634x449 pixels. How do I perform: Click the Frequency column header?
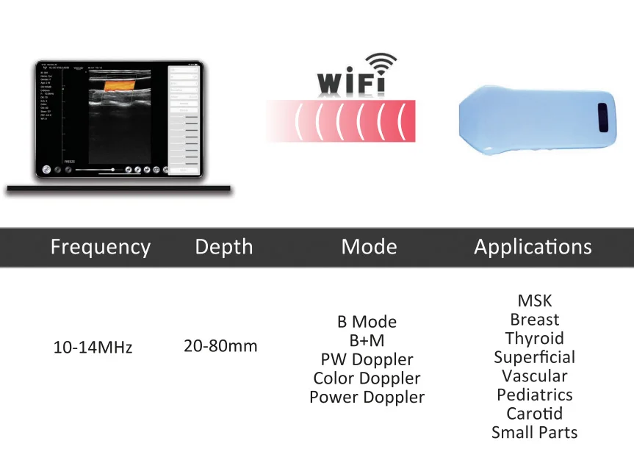click(100, 247)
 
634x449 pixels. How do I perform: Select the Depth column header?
click(224, 247)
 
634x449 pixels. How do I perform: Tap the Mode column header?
click(369, 247)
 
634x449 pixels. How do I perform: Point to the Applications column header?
click(533, 247)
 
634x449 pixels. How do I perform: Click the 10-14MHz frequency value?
click(93, 348)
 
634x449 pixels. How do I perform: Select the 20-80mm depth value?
click(220, 345)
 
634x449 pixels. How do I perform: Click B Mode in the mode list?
click(367, 322)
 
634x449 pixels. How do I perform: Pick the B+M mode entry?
click(367, 341)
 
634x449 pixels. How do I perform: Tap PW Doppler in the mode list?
click(367, 360)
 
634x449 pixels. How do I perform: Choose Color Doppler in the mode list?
click(367, 378)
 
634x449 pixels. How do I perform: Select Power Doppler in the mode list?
click(367, 398)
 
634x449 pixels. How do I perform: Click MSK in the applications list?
click(535, 301)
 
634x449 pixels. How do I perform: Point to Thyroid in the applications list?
click(535, 339)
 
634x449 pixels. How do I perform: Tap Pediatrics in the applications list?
click(535, 395)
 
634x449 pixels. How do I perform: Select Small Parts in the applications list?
click(535, 433)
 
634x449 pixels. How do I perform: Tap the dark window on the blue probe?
click(602, 117)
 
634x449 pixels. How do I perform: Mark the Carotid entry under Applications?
click(535, 414)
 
